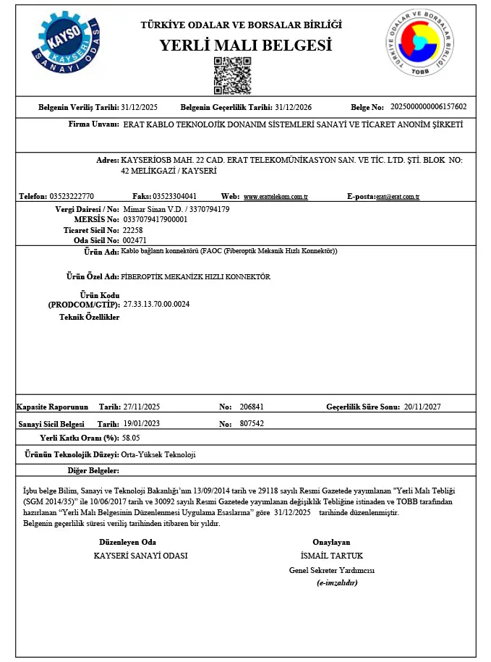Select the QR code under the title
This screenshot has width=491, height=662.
(232, 76)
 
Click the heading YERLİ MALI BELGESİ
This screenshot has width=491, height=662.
(246, 46)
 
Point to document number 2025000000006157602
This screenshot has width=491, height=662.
(428, 107)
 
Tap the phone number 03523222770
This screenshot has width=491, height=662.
(72, 196)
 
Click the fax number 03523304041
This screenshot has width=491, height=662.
(174, 196)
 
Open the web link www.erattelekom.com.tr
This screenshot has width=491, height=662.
(276, 197)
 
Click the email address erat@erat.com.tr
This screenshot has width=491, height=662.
(398, 197)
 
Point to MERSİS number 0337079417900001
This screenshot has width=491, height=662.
(155, 219)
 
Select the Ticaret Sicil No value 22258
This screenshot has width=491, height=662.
(134, 229)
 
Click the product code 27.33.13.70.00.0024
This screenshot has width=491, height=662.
(156, 305)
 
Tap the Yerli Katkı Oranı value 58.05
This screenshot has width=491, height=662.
(131, 438)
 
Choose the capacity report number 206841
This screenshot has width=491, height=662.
(252, 407)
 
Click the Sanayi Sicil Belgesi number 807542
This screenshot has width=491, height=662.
(252, 423)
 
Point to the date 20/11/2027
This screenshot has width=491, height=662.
(423, 407)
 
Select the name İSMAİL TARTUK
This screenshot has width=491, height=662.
(331, 556)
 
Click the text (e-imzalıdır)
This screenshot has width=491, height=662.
(337, 582)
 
